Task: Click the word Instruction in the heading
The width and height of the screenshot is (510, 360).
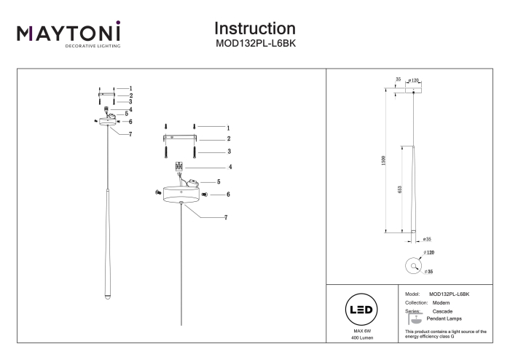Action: (255, 28)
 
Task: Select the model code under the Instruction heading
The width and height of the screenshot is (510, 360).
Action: (256, 44)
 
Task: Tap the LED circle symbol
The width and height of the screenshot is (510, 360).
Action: (361, 309)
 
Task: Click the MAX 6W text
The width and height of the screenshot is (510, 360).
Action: (362, 331)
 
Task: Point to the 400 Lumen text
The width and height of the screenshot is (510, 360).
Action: (362, 338)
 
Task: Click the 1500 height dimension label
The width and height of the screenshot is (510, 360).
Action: (383, 160)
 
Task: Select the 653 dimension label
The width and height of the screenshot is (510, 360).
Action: (400, 189)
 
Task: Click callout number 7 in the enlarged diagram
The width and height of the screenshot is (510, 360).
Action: (226, 218)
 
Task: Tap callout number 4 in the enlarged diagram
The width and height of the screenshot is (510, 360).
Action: (230, 167)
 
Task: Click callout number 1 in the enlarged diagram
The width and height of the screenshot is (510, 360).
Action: (228, 128)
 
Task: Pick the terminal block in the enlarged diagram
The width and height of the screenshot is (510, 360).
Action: (179, 166)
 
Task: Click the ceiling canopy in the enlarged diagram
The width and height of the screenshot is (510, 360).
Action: (181, 195)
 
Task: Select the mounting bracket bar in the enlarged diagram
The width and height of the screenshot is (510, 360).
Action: (180, 138)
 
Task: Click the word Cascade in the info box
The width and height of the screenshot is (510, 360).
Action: (442, 311)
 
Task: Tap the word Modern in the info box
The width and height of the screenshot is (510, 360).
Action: (441, 302)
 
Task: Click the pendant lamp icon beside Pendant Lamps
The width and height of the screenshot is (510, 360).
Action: (415, 319)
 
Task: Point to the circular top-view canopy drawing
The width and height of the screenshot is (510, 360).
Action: (413, 265)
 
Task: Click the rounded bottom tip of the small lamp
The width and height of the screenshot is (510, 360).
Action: (107, 297)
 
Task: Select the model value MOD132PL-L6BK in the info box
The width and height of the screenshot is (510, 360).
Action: (450, 294)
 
